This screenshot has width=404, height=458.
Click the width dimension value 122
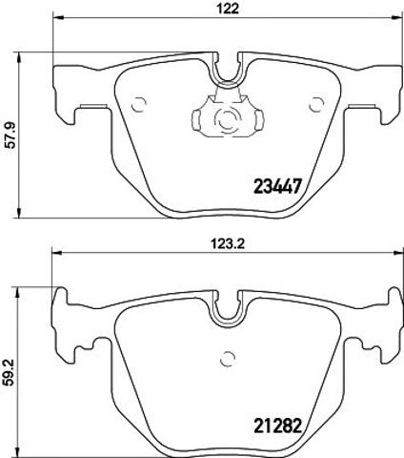point(228,8)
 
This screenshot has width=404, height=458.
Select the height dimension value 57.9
point(11,135)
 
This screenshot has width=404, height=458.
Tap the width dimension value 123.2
point(228,244)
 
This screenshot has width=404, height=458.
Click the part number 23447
point(277,186)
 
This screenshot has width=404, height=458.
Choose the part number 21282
point(277,426)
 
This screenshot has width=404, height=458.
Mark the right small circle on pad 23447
point(316,104)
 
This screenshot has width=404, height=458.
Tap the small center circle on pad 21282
point(228,359)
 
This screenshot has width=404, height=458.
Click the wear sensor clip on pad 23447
point(228,114)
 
